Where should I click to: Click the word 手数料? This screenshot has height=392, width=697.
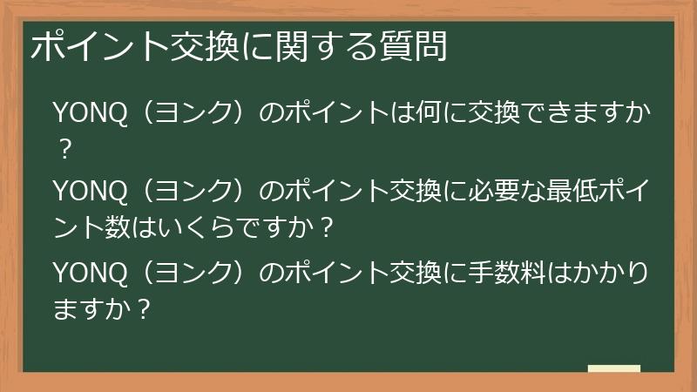pos(506,273)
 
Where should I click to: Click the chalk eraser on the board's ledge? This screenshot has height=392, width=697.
pos(614,368)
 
